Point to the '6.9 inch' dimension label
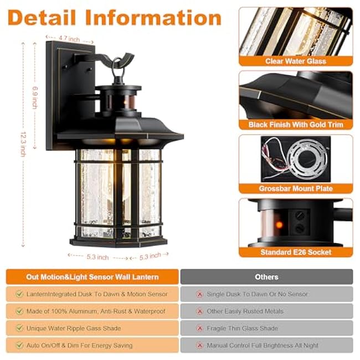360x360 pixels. [34, 97]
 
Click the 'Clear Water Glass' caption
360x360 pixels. [295, 61]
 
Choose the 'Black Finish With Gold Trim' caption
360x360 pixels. [295, 125]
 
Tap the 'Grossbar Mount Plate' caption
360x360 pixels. [295, 189]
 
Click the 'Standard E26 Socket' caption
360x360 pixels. [295, 253]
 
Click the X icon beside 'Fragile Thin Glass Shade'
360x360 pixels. [199, 328]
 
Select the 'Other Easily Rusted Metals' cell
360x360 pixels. [266, 311]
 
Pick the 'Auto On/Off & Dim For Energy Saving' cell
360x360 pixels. [92, 346]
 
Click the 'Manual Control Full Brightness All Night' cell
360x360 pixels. [266, 346]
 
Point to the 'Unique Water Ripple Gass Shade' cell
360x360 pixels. [92, 328]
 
